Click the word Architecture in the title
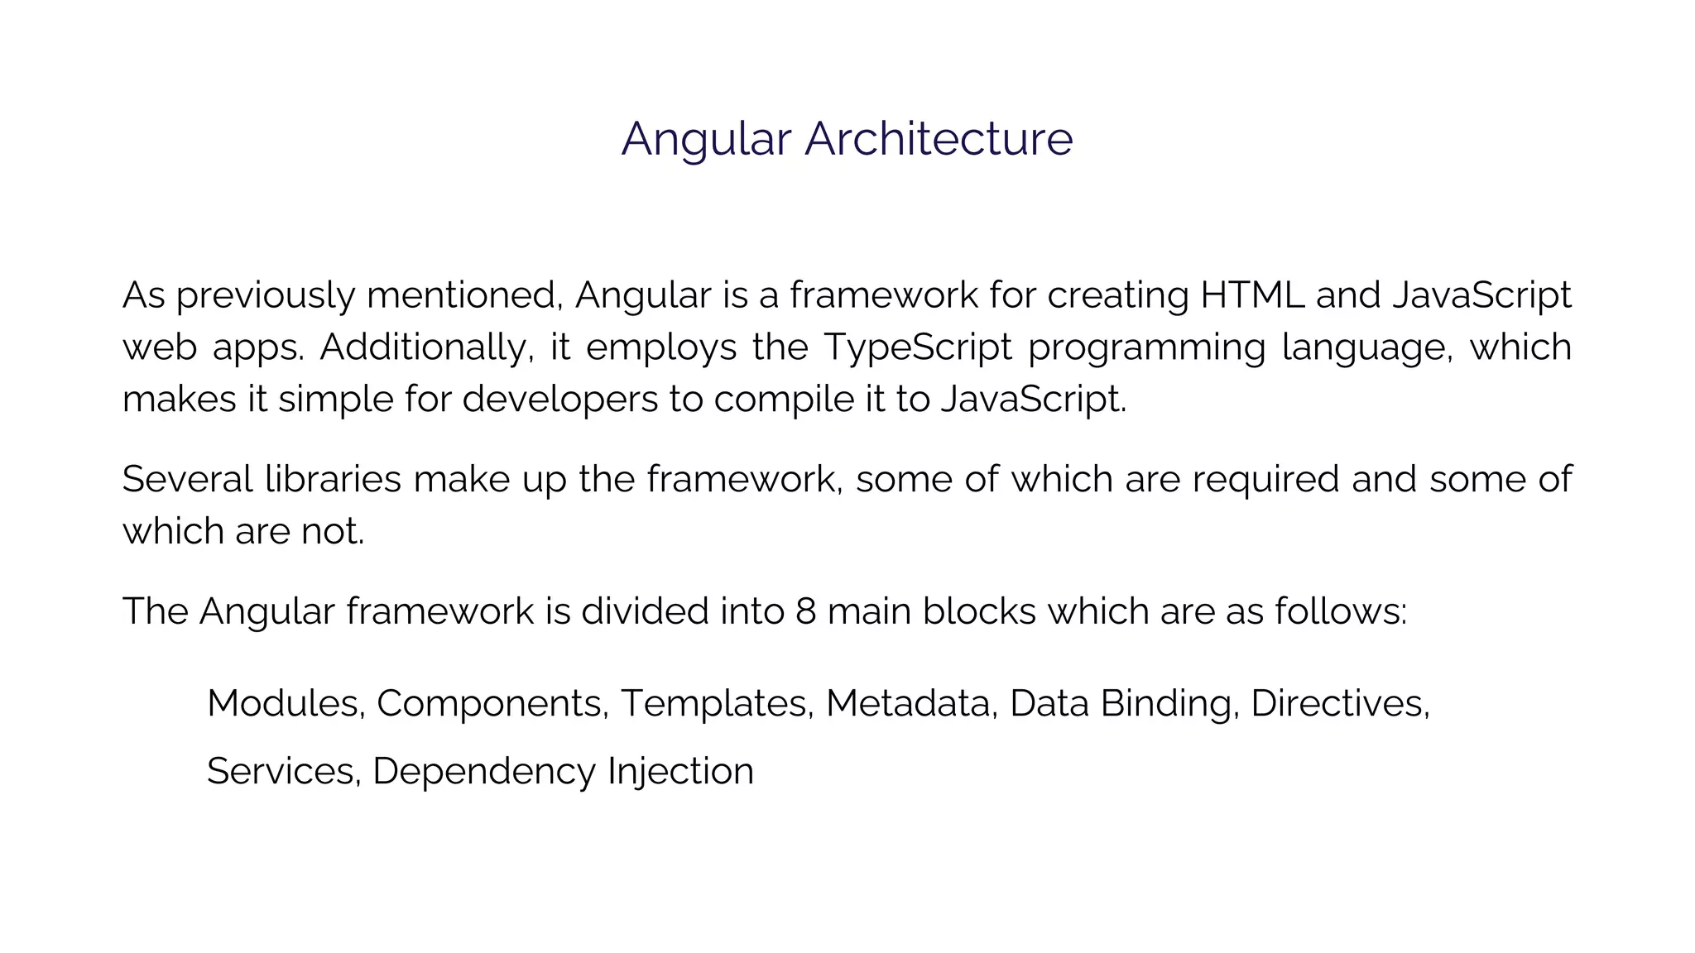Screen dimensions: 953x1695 [939, 138]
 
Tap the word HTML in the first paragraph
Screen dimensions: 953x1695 [1252, 295]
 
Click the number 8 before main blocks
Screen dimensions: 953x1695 [805, 612]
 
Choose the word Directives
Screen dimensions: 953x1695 [1339, 704]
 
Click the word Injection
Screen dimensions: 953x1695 [680, 772]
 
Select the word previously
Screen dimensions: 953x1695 [266, 295]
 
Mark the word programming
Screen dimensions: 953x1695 [1147, 347]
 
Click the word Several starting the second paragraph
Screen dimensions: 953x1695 [187, 480]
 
